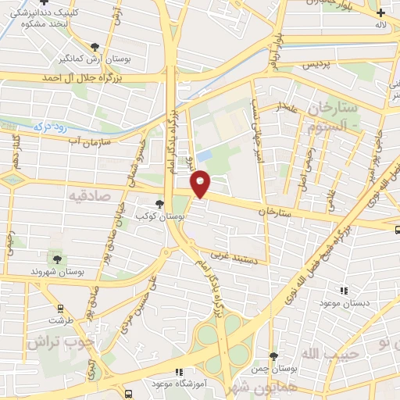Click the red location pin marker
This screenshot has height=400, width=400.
tap(202, 183)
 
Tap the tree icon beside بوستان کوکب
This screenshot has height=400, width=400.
tap(160, 204)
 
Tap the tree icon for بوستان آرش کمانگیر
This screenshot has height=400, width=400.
tap(95, 48)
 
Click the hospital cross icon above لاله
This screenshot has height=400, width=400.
tap(380, 12)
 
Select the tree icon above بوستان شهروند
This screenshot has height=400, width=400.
tap(56, 259)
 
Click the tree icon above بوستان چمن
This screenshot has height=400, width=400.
tap(273, 355)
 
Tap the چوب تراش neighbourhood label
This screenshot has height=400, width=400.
tap(59, 341)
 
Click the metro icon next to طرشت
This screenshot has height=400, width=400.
tap(55, 308)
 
